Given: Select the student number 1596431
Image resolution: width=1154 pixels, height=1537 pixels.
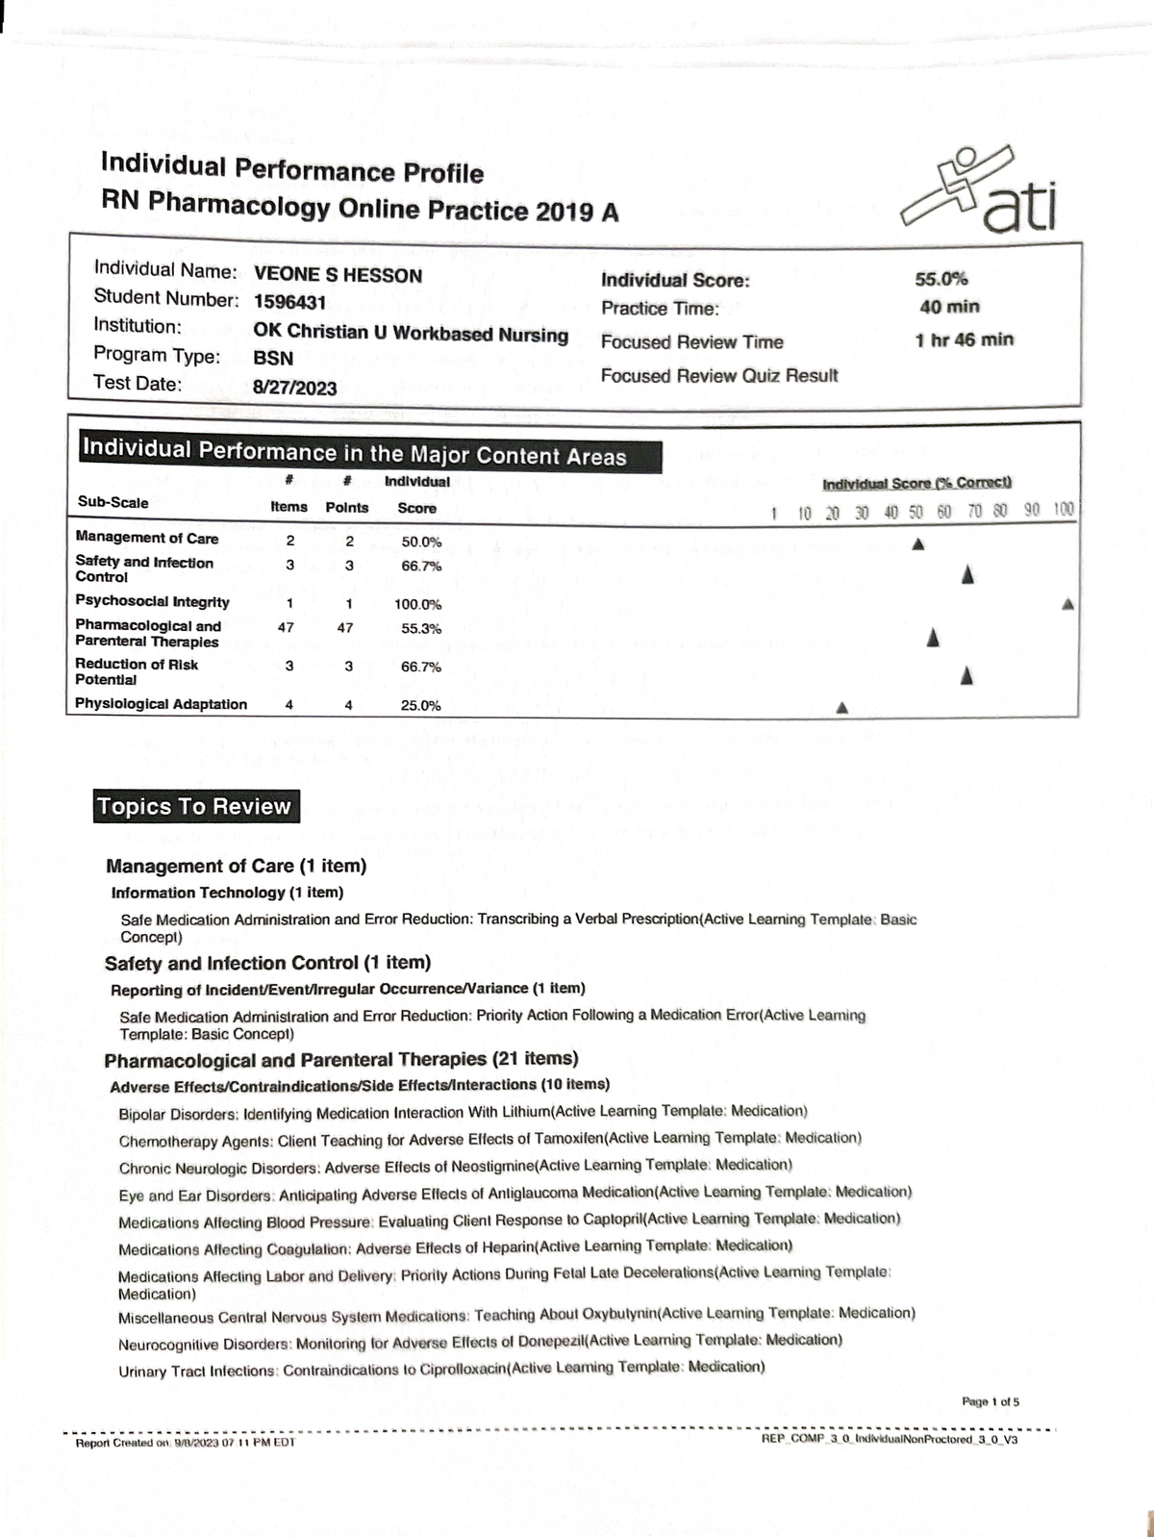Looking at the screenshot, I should point(289,302).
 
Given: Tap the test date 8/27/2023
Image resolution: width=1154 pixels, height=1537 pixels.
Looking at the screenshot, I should point(294,388).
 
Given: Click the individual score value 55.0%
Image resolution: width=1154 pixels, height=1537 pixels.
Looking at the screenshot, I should point(941,279).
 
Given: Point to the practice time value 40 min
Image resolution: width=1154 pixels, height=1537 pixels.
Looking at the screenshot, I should point(949,307).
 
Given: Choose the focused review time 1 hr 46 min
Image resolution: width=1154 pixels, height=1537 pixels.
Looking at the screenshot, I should point(964,340).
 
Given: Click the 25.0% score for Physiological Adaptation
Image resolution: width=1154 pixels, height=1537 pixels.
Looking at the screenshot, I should point(420,705).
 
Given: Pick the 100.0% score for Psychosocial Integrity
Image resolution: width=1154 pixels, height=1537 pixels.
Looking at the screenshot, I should point(417,605).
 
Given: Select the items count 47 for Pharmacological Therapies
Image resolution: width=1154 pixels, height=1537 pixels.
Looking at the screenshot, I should point(286,627).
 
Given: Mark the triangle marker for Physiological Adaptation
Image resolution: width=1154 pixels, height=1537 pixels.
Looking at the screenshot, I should point(841,708).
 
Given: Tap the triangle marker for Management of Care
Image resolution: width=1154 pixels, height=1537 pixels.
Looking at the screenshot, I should point(917,544).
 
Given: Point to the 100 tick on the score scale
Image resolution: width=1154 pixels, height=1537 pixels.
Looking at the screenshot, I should point(1063,509).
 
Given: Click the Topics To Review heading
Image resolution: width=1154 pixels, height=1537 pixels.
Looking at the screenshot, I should point(193,806).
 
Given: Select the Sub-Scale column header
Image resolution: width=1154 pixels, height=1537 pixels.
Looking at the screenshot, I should point(113,502).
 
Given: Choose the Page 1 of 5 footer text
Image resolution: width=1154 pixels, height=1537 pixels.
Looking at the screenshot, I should point(991,1401).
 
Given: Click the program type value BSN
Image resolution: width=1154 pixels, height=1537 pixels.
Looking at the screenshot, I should point(273,358).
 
